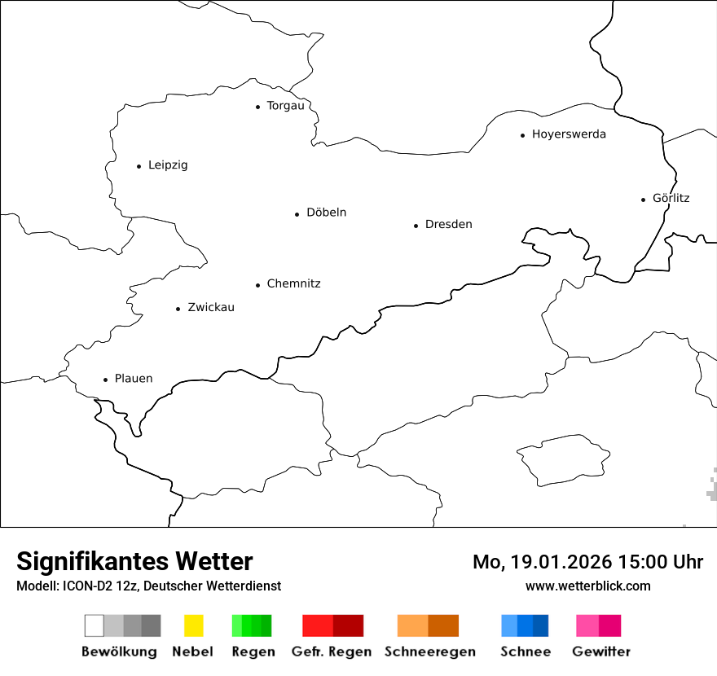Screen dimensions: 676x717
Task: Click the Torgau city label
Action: click(285, 106)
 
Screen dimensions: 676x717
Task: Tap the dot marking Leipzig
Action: click(139, 166)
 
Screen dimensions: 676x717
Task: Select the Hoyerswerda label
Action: click(569, 134)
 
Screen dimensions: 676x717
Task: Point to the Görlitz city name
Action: click(671, 198)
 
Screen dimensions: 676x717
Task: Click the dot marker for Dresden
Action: click(416, 226)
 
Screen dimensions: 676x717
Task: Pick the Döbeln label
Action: click(326, 213)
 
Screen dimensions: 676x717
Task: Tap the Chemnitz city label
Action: click(293, 283)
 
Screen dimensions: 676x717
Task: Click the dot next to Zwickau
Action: click(178, 309)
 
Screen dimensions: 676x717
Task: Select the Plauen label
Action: click(134, 379)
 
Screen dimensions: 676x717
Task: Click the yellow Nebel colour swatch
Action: click(193, 626)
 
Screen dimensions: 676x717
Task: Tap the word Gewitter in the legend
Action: click(601, 652)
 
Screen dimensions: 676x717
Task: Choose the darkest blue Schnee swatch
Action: click(541, 626)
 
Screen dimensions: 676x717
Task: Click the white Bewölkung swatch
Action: click(94, 626)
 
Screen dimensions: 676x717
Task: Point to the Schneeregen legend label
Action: click(429, 652)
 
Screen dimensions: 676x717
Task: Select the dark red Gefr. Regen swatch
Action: click(348, 626)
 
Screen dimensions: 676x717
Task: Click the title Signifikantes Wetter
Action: click(134, 561)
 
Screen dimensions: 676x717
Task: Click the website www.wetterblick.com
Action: click(588, 586)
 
